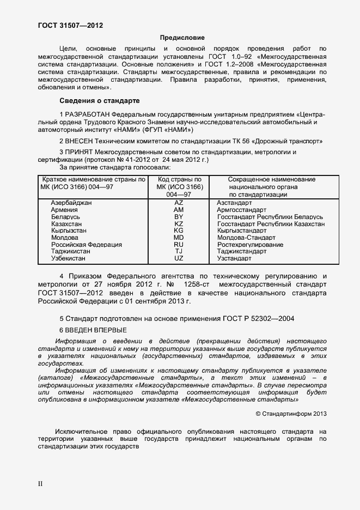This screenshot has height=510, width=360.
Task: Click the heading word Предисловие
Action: (182, 38)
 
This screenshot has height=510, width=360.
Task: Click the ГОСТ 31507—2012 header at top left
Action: (70, 26)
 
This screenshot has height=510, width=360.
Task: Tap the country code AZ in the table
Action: (179, 203)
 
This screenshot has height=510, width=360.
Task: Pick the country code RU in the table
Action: (179, 245)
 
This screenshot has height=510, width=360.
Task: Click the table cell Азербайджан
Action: (71, 203)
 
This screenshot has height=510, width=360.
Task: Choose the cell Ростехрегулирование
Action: (250, 245)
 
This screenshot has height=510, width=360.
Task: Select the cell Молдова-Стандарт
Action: (246, 238)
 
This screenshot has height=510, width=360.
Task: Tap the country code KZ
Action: (179, 224)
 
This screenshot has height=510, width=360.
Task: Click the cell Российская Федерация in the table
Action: (86, 245)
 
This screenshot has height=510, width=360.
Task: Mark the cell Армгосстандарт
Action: (241, 210)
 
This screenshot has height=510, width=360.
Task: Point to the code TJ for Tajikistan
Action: (179, 252)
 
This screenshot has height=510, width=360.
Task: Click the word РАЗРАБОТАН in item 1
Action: (87, 115)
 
